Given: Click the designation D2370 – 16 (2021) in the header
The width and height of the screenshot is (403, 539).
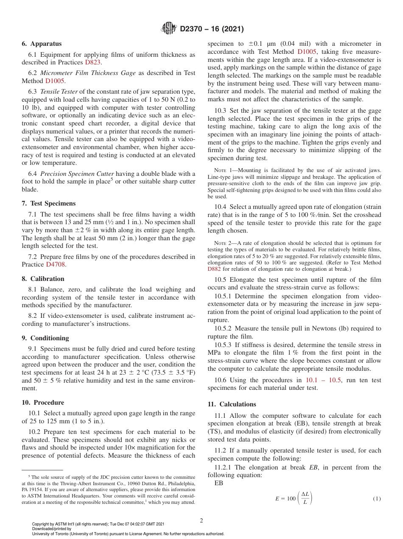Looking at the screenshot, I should click(212, 29).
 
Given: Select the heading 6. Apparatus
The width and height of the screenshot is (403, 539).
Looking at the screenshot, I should click(42, 44).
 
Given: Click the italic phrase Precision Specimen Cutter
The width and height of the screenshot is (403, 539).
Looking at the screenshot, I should click(77, 174).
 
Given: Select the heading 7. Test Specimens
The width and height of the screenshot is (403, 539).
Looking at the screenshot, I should click(48, 203).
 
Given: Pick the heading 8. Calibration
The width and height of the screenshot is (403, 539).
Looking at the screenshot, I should click(43, 279).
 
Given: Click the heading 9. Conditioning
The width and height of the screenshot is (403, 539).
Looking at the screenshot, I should click(45, 338).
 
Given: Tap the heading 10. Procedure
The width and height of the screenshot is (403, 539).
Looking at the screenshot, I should click(43, 403).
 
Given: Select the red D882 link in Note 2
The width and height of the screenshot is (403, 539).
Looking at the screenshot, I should click(214, 269).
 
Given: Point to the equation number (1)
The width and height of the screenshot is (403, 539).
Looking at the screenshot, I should click(377, 499).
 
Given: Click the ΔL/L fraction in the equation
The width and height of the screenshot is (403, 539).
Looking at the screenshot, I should click(305, 498).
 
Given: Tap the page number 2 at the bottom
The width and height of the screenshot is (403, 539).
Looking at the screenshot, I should click(201, 521).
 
